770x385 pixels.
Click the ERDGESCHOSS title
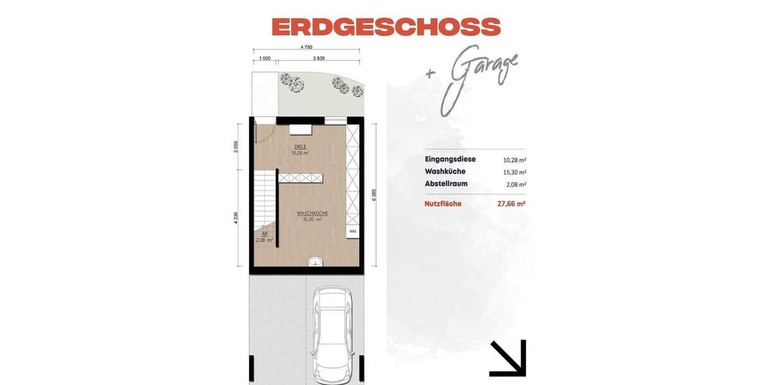(x=386, y=27)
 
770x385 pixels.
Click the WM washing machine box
(x=352, y=230)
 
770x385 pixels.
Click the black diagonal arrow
(x=508, y=358)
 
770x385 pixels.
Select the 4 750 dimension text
(x=306, y=47)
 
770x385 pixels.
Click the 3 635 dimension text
(x=318, y=58)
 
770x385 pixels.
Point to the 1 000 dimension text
(x=264, y=58)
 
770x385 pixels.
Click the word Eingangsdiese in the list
(x=450, y=159)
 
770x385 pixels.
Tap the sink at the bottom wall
(x=314, y=262)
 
